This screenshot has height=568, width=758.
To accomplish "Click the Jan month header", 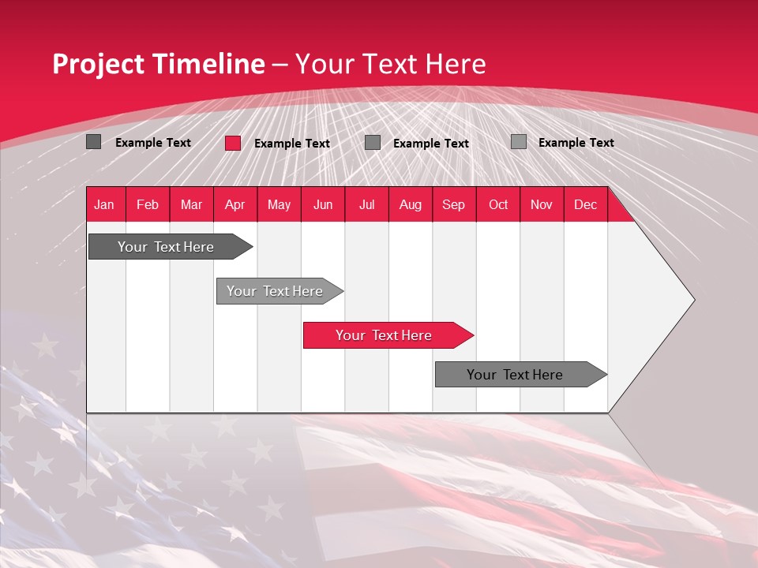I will coord(105,204).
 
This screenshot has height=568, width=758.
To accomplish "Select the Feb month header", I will coord(148,204).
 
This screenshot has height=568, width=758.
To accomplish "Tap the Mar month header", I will coord(191,204).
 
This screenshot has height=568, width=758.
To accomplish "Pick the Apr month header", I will coord(235,204).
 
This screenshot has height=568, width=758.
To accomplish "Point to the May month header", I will coord(279,204).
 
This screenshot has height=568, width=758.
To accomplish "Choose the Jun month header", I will coord(323,204).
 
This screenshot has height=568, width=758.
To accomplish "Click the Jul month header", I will coord(366,204).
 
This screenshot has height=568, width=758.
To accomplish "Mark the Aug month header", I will coord(411,204).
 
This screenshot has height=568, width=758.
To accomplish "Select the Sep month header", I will coord(454,204).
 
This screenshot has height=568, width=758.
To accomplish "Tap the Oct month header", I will coord(498,204).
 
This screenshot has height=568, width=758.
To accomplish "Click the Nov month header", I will coord(542,204).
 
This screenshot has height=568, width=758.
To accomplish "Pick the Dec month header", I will coord(586,204).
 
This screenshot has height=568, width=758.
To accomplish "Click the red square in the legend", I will coord(233,143).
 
